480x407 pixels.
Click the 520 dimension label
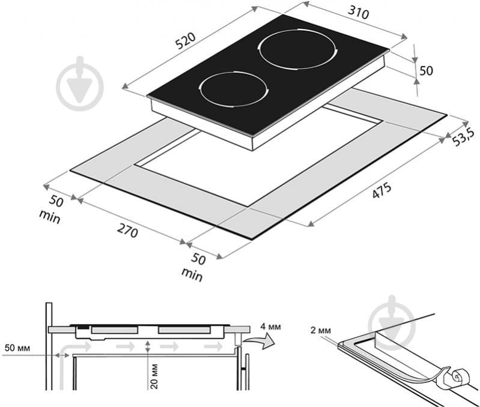coord(186,41)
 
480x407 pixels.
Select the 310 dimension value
coord(358,13)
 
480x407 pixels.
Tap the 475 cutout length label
coord(381,190)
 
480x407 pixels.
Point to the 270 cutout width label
coord(127,231)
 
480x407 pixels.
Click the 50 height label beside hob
coord(426,71)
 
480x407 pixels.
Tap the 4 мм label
coord(270,327)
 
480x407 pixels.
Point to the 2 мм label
coord(321,331)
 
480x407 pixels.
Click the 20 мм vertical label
coord(154,376)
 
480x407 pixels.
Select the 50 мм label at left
coord(17,348)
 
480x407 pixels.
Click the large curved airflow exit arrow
coord(260,341)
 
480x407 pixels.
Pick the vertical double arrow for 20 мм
coord(148,348)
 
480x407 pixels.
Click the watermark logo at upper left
coord(80,83)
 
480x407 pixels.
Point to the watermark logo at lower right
coord(392,323)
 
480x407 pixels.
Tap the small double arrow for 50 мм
coord(62,355)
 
